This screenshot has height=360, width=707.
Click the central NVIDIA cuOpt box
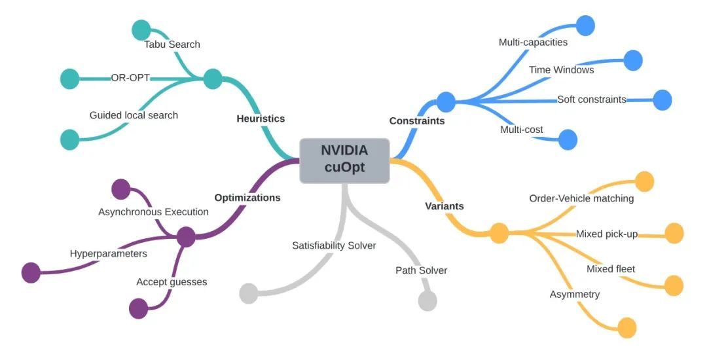pyautogui.click(x=344, y=160)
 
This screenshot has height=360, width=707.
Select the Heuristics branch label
pyautogui.click(x=261, y=118)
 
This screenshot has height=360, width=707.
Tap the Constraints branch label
pyautogui.click(x=416, y=120)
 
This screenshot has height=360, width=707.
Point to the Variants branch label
pyautogui.click(x=444, y=206)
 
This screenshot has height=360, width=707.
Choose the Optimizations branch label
pyautogui.click(x=247, y=197)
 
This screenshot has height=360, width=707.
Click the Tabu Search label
pyautogui.click(x=172, y=45)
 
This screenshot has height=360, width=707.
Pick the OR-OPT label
pyautogui.click(x=130, y=78)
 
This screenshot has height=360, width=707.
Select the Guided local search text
pyautogui.click(x=134, y=115)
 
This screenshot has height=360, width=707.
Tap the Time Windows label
pyautogui.click(x=561, y=69)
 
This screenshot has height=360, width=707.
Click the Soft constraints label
pyautogui.click(x=591, y=99)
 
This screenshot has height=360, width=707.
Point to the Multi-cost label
pyautogui.click(x=521, y=130)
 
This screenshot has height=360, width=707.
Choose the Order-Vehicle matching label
pyautogui.click(x=581, y=198)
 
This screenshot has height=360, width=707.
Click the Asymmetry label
pyautogui.click(x=574, y=294)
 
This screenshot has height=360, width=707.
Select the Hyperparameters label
pyautogui.click(x=108, y=253)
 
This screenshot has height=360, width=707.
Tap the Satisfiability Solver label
pyautogui.click(x=334, y=245)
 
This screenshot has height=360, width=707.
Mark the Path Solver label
pyautogui.click(x=421, y=270)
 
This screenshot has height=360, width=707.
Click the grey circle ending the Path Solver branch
pyautogui.click(x=427, y=300)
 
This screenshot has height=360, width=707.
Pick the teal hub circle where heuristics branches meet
pyautogui.click(x=213, y=79)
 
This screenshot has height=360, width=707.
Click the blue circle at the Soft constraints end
pyautogui.click(x=662, y=100)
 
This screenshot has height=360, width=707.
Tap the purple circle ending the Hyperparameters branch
pyautogui.click(x=31, y=272)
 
